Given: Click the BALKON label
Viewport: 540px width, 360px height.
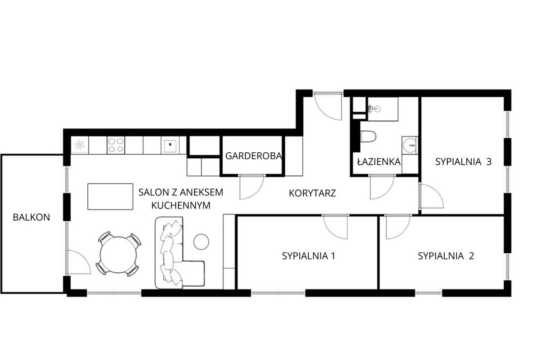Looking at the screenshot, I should (31, 217).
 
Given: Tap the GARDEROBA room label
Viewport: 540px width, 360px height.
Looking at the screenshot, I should (253, 156).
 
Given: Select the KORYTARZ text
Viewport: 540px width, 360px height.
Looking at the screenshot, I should (312, 194).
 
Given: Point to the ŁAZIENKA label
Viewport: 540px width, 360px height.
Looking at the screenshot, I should (378, 161).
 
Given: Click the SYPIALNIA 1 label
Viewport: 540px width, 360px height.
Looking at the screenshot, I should (308, 256).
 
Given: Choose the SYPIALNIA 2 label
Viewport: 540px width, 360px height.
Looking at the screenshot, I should (446, 256).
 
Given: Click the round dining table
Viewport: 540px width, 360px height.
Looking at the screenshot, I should (119, 254).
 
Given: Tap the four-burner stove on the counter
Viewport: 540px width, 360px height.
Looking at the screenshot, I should (115, 145).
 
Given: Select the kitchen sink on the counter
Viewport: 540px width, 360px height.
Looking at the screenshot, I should (171, 145).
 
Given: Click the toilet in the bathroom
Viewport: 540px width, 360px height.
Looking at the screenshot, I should (368, 137).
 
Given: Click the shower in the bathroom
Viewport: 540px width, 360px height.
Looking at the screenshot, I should (382, 109).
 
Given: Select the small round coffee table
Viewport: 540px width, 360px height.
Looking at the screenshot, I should (201, 241).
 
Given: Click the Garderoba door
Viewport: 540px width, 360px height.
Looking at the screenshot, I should (251, 186).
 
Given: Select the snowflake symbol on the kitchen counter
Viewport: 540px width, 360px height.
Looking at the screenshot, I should (80, 145).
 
